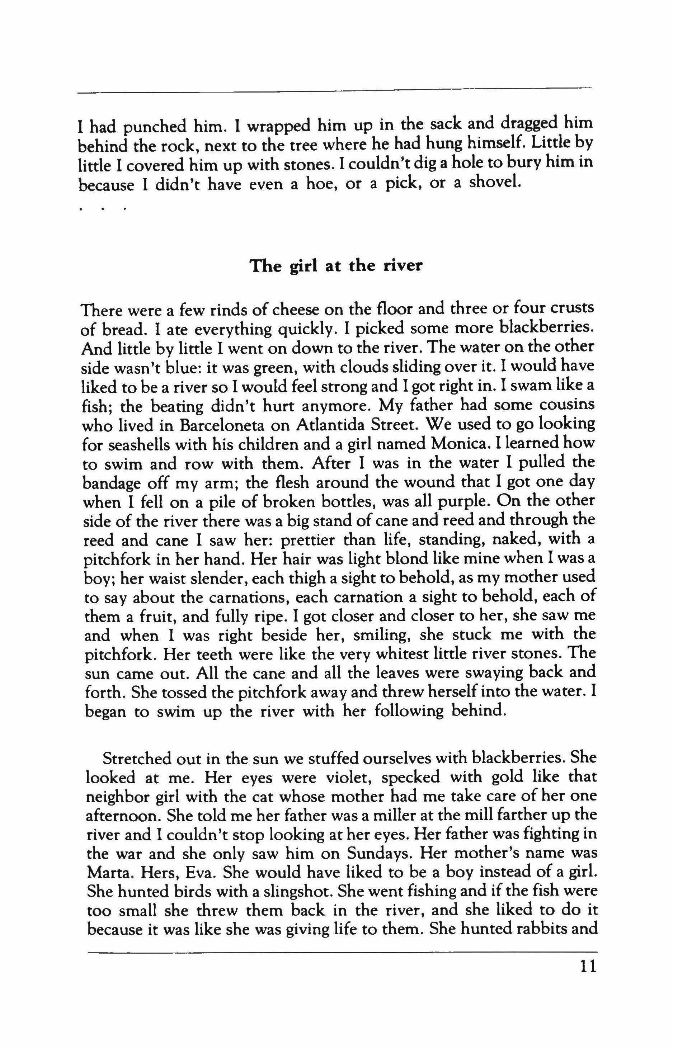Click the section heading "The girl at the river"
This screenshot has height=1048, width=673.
(x=336, y=266)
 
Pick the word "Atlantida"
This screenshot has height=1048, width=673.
(x=324, y=424)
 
